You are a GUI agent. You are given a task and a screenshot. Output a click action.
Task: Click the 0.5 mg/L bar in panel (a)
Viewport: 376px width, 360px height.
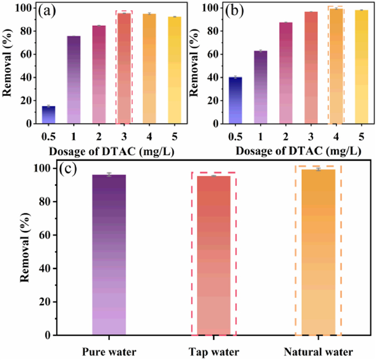point(49,114)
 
